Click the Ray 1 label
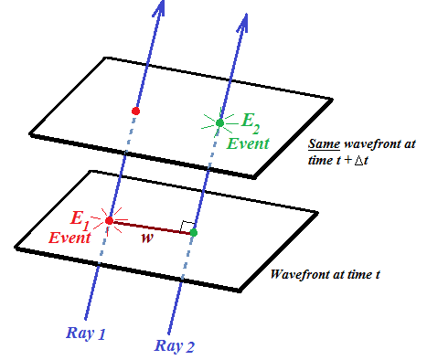86,334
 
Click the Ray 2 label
175,346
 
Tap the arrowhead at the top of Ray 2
242,22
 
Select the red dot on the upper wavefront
135,111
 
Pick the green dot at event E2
219,123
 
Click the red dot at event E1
109,221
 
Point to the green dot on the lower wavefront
193,233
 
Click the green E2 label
251,122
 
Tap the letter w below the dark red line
147,238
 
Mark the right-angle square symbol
187,227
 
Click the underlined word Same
324,143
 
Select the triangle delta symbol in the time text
358,161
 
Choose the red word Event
69,238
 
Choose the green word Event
248,143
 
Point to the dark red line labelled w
151,227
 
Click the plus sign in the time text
347,160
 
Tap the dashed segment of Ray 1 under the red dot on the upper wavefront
130,132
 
